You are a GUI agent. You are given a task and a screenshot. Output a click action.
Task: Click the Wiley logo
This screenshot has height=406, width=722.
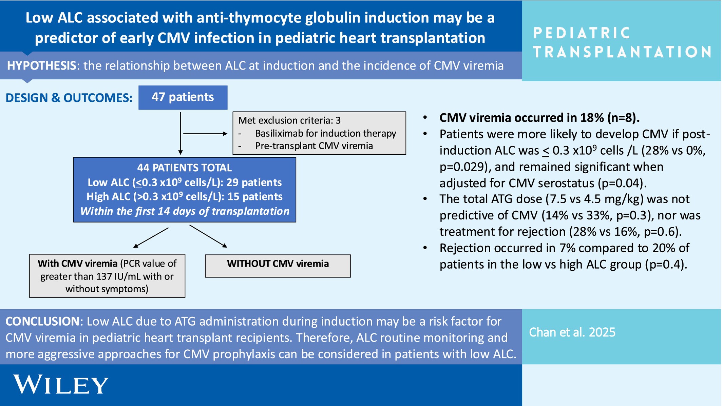(61, 385)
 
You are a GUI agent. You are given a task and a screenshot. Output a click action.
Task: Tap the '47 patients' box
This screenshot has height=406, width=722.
(183, 97)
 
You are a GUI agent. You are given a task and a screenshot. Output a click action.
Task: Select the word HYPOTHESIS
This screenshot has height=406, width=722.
(42, 65)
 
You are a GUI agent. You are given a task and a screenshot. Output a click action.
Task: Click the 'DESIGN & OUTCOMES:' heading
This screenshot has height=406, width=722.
(69, 98)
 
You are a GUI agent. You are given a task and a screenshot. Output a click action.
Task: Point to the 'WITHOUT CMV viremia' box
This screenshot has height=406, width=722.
(278, 266)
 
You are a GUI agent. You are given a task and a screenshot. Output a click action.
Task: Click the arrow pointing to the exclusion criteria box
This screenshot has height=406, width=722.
(205, 134)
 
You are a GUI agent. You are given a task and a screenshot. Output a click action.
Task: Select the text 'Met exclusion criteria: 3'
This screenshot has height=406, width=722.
(289, 120)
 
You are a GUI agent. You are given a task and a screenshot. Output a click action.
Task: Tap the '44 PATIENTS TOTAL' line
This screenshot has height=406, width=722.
(185, 168)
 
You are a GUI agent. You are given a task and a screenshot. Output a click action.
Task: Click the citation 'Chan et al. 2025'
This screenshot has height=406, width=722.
(572, 332)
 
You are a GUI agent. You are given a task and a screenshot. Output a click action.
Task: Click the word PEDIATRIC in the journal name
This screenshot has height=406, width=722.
(582, 33)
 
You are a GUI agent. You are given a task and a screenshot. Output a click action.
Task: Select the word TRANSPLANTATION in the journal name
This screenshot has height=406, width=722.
(622, 52)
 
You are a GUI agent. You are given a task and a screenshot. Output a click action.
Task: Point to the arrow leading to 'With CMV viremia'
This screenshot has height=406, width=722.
(151, 238)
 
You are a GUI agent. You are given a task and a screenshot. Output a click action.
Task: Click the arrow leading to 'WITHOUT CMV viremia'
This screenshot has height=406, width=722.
(208, 236)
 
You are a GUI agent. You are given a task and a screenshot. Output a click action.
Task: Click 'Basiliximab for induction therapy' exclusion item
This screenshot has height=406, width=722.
(325, 133)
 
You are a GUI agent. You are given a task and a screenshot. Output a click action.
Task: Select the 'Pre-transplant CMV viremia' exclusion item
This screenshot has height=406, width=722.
(314, 146)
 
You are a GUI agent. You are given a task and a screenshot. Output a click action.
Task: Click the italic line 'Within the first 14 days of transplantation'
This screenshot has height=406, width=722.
(185, 211)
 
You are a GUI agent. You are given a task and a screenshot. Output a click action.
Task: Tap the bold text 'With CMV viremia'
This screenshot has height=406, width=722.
(77, 264)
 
